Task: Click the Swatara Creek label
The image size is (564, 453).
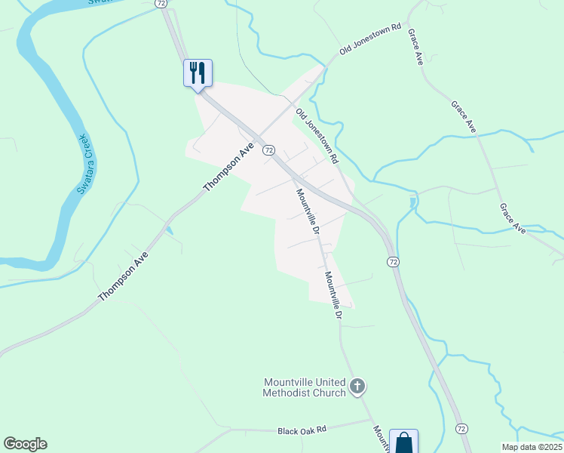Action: click(x=84, y=164)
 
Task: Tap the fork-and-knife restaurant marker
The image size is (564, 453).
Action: click(x=198, y=73)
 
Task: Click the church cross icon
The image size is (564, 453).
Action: click(x=357, y=387)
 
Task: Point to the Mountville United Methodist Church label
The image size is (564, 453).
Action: click(x=305, y=387)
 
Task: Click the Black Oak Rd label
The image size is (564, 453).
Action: click(x=302, y=430)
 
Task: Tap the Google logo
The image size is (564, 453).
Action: click(x=25, y=444)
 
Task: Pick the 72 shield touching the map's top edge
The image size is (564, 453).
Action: click(x=162, y=3)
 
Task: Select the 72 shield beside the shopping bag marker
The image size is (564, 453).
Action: click(x=461, y=428)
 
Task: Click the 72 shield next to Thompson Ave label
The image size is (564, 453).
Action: click(x=268, y=150)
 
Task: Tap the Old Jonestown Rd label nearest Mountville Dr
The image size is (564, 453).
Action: click(x=317, y=137)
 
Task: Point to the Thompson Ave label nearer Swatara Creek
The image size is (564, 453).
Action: click(x=123, y=277)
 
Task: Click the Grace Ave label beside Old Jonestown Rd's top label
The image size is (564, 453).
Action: click(x=415, y=48)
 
